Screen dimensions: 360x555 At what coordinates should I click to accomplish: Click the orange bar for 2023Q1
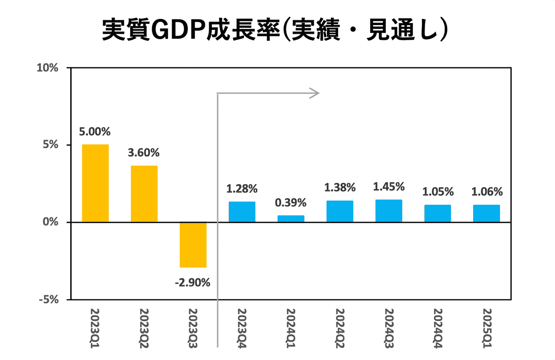pyautogui.click(x=95, y=183)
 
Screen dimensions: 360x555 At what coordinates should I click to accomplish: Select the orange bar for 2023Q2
pyautogui.click(x=144, y=194)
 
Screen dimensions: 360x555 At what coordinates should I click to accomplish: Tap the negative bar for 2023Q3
pyautogui.click(x=193, y=245)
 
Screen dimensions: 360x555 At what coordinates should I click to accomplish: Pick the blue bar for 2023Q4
pyautogui.click(x=242, y=212)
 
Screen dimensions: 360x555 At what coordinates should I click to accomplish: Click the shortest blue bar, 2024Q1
pyautogui.click(x=291, y=219)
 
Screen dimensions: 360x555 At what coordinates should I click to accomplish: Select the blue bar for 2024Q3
pyautogui.click(x=388, y=211)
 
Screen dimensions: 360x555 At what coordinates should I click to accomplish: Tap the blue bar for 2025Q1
pyautogui.click(x=487, y=214)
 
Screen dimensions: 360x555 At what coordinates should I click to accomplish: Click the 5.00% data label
pyautogui.click(x=95, y=132)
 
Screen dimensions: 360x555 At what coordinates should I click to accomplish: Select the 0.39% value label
pyautogui.click(x=291, y=203)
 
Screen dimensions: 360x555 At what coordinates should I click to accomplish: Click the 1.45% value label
pyautogui.click(x=388, y=187)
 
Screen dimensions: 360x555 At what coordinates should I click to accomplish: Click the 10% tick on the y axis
pyautogui.click(x=48, y=68)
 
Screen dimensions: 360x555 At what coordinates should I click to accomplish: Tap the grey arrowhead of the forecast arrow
pyautogui.click(x=315, y=93)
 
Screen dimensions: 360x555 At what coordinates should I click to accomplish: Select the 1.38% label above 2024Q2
pyautogui.click(x=340, y=188)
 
